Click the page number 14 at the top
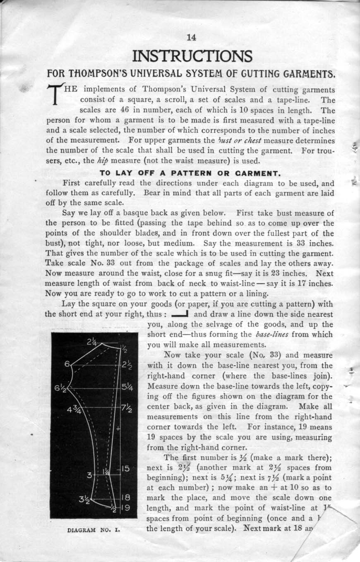(x=191, y=38)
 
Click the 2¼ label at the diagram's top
(x=92, y=342)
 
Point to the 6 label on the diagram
(x=67, y=364)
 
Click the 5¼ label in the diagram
(x=126, y=388)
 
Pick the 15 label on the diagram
(x=126, y=469)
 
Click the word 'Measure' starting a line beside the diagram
(x=163, y=387)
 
